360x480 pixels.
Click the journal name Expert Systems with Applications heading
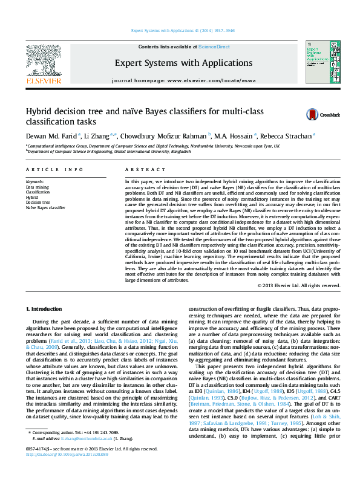tap(183, 63)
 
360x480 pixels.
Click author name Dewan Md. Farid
tap(51, 137)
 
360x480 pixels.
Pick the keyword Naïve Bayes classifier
tap(45, 207)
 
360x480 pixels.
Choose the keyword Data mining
tap(38, 188)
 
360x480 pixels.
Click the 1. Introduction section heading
tap(45, 309)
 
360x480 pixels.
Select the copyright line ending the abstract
tap(298, 285)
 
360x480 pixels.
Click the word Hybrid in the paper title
tap(40, 111)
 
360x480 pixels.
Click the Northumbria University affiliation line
tap(152, 146)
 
